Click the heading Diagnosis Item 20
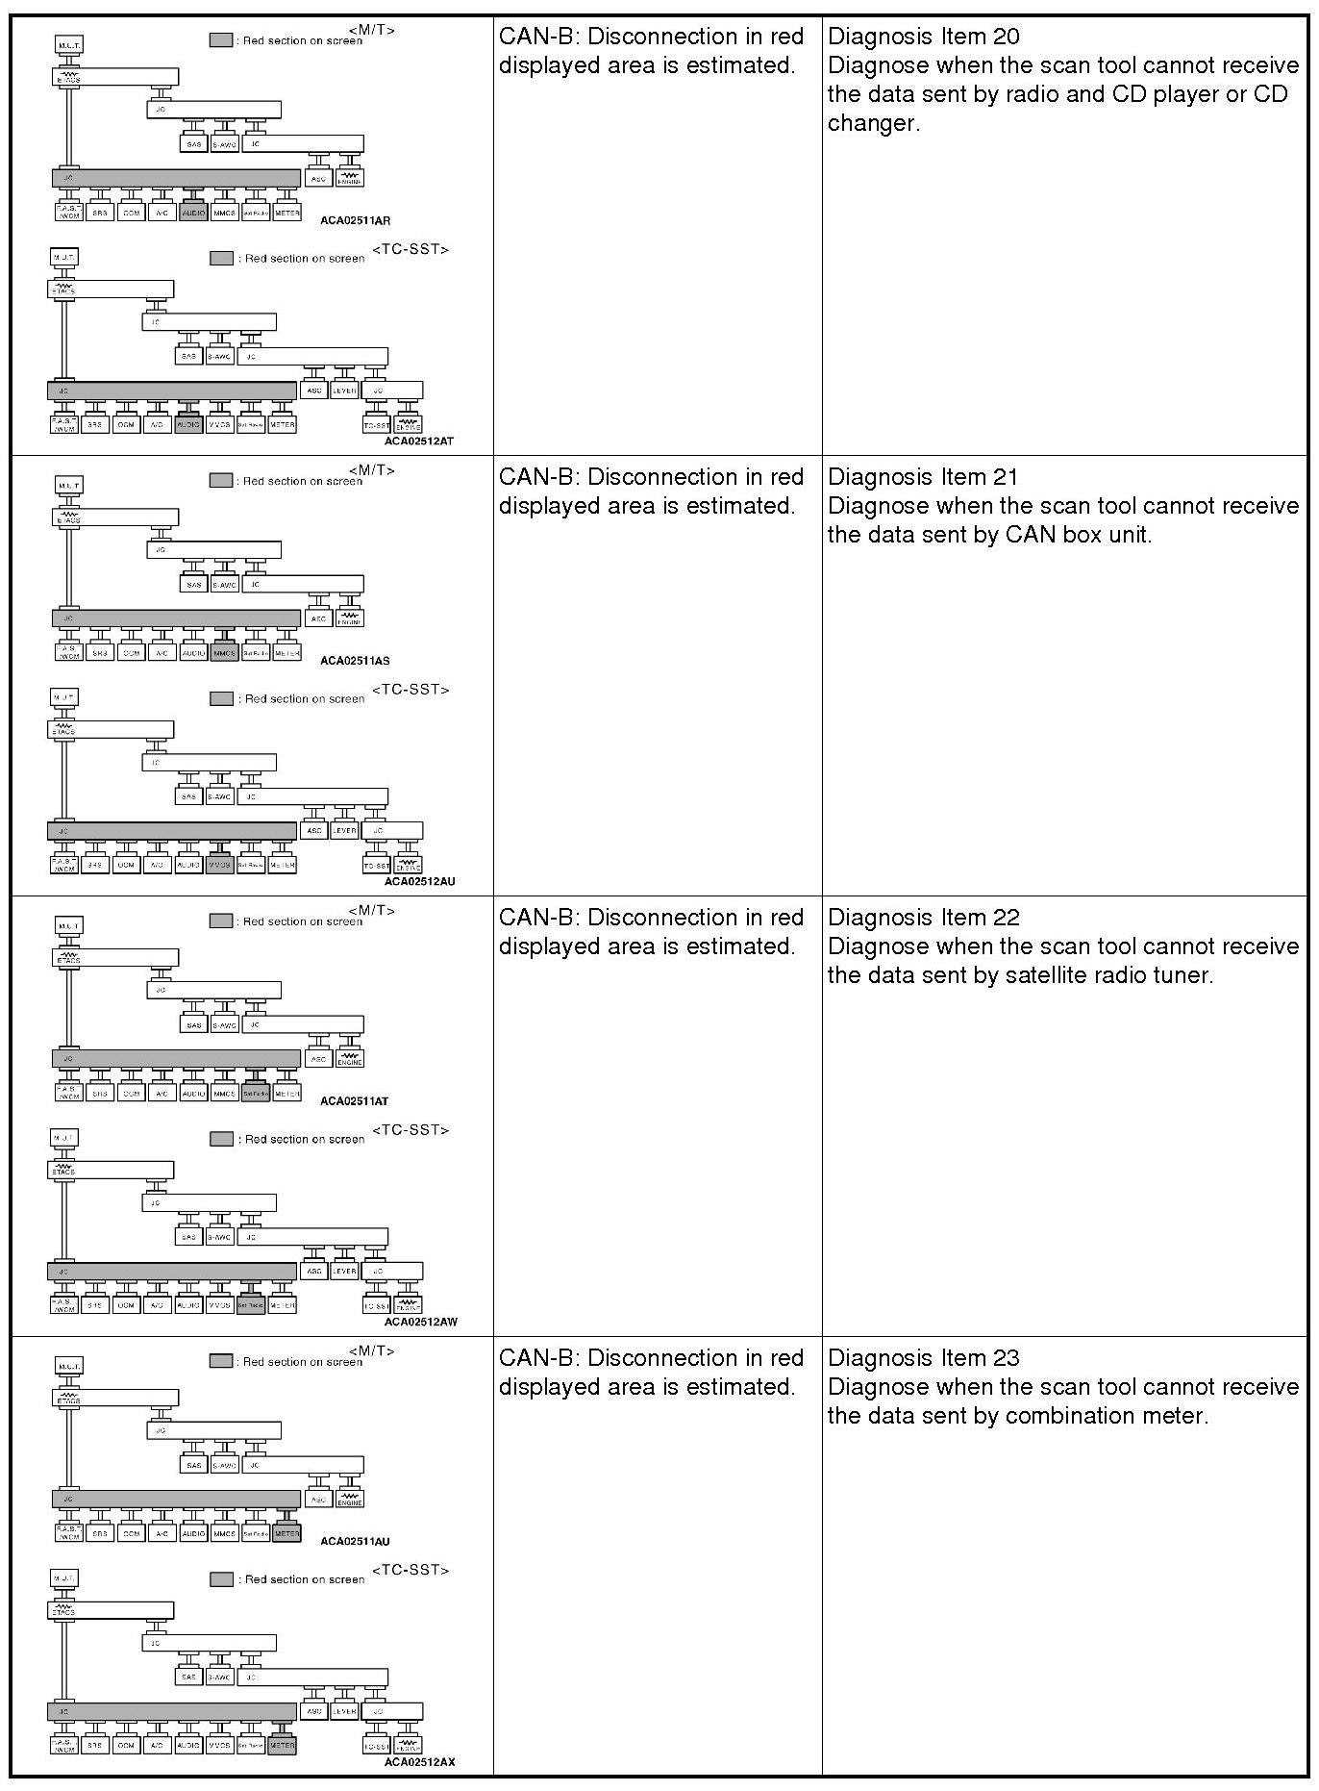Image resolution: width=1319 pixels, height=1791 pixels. pyautogui.click(x=923, y=37)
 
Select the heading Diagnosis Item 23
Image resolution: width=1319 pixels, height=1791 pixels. pyautogui.click(x=923, y=1358)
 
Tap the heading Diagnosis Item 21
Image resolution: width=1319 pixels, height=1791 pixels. pyautogui.click(x=923, y=477)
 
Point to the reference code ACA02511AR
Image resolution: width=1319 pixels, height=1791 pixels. pyautogui.click(x=355, y=220)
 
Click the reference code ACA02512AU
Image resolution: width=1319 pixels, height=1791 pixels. pyautogui.click(x=419, y=881)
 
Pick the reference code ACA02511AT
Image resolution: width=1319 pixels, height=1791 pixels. pyautogui.click(x=355, y=1101)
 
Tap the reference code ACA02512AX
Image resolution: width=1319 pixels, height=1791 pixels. pyautogui.click(x=419, y=1762)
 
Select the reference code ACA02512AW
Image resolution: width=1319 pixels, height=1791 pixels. pyautogui.click(x=420, y=1322)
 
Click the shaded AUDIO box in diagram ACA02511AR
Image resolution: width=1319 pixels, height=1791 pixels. pyautogui.click(x=193, y=214)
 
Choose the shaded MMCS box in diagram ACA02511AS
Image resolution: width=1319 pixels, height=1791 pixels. pyautogui.click(x=224, y=654)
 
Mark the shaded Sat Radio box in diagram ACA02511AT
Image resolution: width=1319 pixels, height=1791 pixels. pyautogui.click(x=255, y=1095)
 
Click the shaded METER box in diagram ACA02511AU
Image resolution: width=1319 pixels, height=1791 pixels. pyautogui.click(x=286, y=1534)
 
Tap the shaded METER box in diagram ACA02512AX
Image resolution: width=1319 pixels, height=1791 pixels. pyautogui.click(x=282, y=1745)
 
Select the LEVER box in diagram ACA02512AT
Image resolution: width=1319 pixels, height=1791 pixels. pyautogui.click(x=344, y=391)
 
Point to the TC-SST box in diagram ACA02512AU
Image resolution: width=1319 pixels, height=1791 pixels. pyautogui.click(x=376, y=866)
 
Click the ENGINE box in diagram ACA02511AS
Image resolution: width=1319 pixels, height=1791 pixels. pyautogui.click(x=350, y=618)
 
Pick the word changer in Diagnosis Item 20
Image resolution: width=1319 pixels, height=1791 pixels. pyautogui.click(x=871, y=123)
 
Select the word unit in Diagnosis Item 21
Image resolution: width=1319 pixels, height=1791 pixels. pyautogui.click(x=1129, y=535)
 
